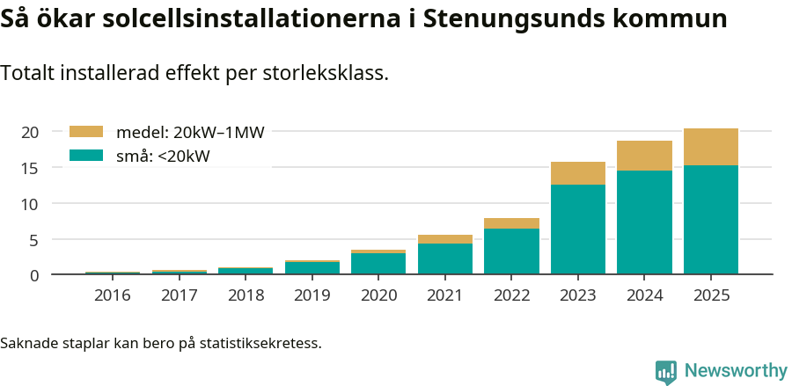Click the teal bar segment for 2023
578,229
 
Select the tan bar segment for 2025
711,147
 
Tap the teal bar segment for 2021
445,259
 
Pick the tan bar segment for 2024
644,156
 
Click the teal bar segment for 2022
511,251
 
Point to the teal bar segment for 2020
378,264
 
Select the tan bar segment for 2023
578,173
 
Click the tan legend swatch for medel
86,132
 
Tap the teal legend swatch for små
86,156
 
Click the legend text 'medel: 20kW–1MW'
190,133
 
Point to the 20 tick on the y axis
31,132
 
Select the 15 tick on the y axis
31,168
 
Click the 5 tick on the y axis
35,239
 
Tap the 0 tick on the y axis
35,275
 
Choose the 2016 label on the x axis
113,295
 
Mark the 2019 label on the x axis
312,295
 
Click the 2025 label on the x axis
711,295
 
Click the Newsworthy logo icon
666,371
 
